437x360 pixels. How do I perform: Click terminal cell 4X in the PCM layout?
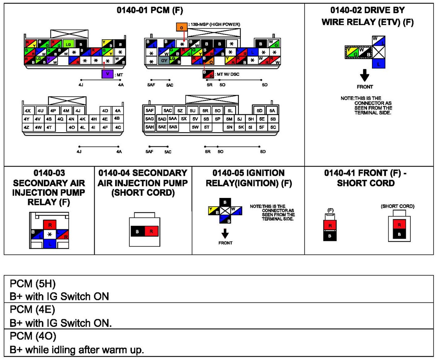coord(28,111)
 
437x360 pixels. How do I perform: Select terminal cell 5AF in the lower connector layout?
coord(149,111)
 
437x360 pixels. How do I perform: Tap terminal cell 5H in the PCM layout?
coord(251,119)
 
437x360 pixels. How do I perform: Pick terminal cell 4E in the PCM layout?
coord(105,119)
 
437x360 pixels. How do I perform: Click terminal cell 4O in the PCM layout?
coord(72,127)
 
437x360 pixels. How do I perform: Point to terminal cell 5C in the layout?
coord(273,127)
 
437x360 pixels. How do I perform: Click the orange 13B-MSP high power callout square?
coord(181,27)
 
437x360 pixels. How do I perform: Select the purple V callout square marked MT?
coord(107,74)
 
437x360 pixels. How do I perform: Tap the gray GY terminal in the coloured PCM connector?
coord(164,61)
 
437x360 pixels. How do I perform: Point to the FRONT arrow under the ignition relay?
coord(225,234)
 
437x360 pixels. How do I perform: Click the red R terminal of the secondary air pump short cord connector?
coord(151,231)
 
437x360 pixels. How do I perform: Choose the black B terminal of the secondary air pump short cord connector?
coord(137,231)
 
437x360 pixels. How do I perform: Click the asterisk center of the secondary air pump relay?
coord(50,234)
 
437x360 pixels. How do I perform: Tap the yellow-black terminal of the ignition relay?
coord(213,211)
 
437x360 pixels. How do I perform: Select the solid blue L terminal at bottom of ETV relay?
coord(378,64)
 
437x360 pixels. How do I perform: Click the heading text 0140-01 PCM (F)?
coord(150,10)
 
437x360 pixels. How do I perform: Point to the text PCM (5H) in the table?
coord(33,283)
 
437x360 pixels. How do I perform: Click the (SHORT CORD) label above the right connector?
coord(397,206)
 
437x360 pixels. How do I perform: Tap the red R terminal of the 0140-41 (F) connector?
coord(330,225)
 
